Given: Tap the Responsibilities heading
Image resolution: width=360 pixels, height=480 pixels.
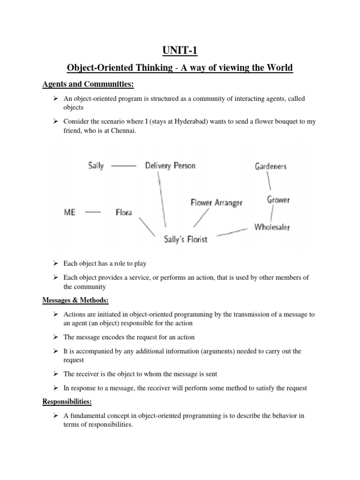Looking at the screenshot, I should coord(67,401).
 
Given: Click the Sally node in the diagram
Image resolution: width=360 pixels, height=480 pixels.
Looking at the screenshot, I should coord(96,165).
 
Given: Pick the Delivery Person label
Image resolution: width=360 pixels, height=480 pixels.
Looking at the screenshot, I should coord(170,165).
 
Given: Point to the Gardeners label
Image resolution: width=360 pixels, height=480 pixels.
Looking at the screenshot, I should coord(270,166).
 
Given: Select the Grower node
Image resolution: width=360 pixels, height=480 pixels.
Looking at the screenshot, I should coord(278,200).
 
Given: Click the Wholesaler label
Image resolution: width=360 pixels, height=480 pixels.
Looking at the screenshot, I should coord(272,227).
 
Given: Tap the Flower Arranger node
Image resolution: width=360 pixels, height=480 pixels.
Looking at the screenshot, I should coord(217,202).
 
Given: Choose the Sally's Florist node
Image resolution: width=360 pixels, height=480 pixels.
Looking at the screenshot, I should coord(186,239).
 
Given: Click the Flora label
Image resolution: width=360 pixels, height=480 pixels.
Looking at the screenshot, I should coord(124,212).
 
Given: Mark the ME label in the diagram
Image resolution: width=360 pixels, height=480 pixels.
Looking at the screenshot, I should coord(70,212).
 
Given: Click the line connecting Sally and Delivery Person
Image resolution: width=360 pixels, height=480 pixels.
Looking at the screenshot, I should coord(124,165).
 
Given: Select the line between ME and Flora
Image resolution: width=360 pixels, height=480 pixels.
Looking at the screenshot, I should coord(93,212).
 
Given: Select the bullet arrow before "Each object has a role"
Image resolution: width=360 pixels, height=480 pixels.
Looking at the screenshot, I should coord(55,263).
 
